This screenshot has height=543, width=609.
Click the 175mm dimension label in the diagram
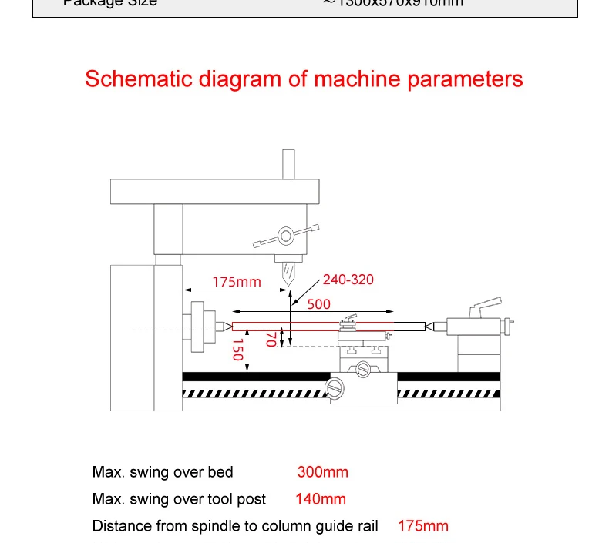(237, 282)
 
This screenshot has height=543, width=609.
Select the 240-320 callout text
(348, 280)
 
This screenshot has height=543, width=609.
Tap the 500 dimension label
(318, 303)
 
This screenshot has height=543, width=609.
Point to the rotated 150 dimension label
(238, 349)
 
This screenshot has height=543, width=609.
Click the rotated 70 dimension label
(271, 339)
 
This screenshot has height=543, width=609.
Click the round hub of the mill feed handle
(286, 234)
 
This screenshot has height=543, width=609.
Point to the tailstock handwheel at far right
(506, 327)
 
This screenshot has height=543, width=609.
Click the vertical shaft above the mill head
(288, 164)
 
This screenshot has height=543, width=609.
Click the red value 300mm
(322, 472)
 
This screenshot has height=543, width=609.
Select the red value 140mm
(320, 499)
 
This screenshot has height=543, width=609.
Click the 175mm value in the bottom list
(422, 526)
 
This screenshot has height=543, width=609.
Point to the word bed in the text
(220, 472)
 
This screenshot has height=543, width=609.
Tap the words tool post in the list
(237, 499)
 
